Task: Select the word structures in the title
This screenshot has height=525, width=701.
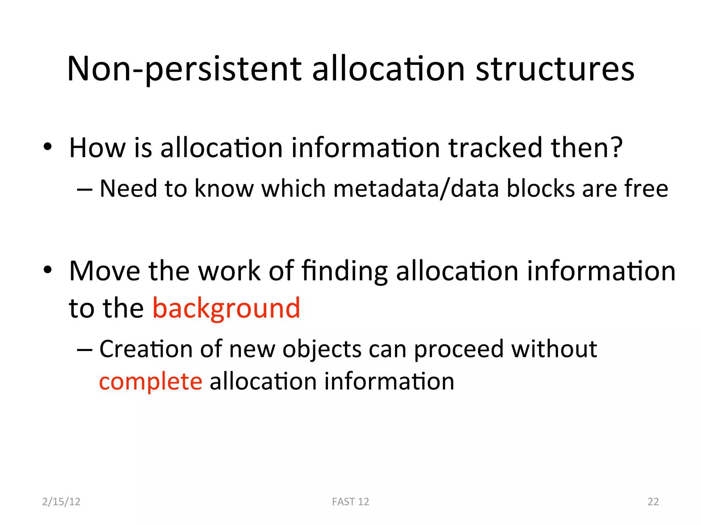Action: (555, 69)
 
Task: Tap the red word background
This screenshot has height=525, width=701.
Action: (226, 308)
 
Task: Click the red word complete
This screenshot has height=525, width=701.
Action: (151, 381)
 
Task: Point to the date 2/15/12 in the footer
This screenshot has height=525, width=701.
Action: (61, 501)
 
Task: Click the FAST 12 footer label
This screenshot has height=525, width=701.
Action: (350, 501)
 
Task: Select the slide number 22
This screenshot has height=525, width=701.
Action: (653, 501)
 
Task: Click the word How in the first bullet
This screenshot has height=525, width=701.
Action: (97, 148)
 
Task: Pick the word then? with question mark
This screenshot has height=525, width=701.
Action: (587, 148)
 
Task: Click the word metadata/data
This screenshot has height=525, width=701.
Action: (416, 189)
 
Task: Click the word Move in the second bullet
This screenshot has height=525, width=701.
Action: (104, 271)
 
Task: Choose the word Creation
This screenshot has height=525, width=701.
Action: (146, 349)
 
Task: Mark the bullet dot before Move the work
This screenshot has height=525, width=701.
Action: (48, 270)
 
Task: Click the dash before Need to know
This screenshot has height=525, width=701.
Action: (85, 189)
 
